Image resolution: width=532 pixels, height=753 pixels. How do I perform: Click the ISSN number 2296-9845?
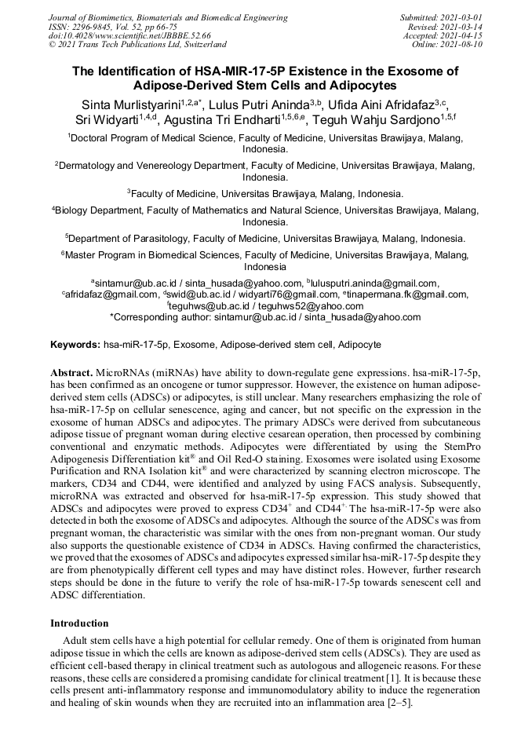pos(93,27)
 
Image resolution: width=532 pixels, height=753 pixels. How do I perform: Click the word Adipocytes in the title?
pos(358,85)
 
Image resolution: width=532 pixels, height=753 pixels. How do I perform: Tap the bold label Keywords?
pos(75,345)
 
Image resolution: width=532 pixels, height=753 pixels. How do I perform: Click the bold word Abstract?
pos(71,371)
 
